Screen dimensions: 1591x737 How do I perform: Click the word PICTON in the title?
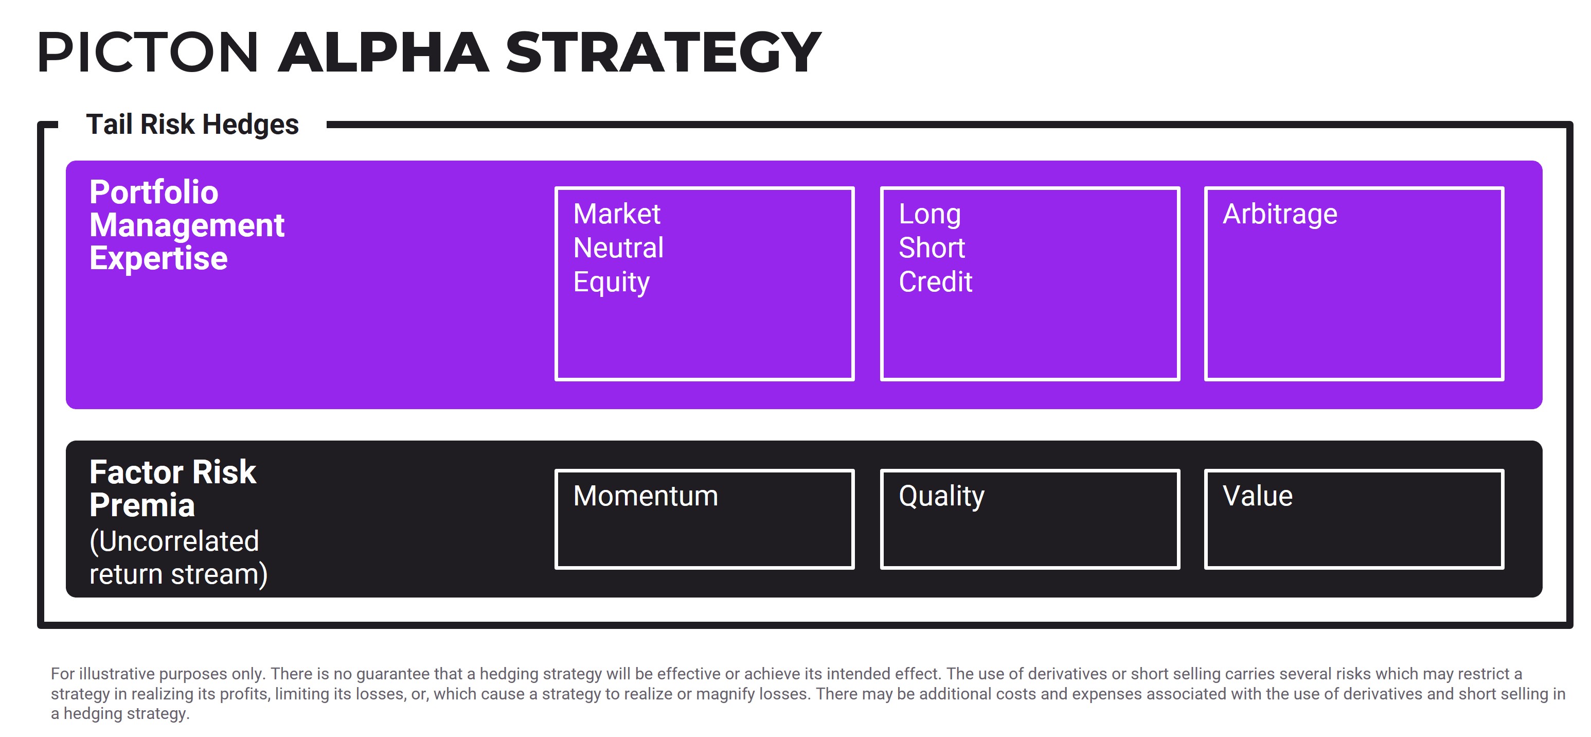tap(147, 52)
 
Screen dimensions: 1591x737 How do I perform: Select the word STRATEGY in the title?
tap(663, 52)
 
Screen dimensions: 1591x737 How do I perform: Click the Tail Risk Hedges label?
tap(192, 125)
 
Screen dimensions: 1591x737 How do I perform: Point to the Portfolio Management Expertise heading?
tap(187, 225)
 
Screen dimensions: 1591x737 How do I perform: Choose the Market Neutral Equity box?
tap(704, 284)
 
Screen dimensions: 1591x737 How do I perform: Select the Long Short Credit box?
tap(1030, 284)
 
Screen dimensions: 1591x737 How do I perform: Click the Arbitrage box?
tap(1354, 284)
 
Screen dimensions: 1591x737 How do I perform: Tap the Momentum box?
tap(704, 519)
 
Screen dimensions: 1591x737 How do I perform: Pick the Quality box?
tap(1030, 519)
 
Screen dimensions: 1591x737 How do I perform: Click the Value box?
tap(1354, 519)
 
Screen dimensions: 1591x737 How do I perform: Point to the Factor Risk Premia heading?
tap(172, 488)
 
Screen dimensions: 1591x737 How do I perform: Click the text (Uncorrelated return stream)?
tap(178, 558)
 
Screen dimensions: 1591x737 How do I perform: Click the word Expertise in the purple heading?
tap(158, 259)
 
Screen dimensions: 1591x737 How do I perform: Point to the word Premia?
tap(142, 506)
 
